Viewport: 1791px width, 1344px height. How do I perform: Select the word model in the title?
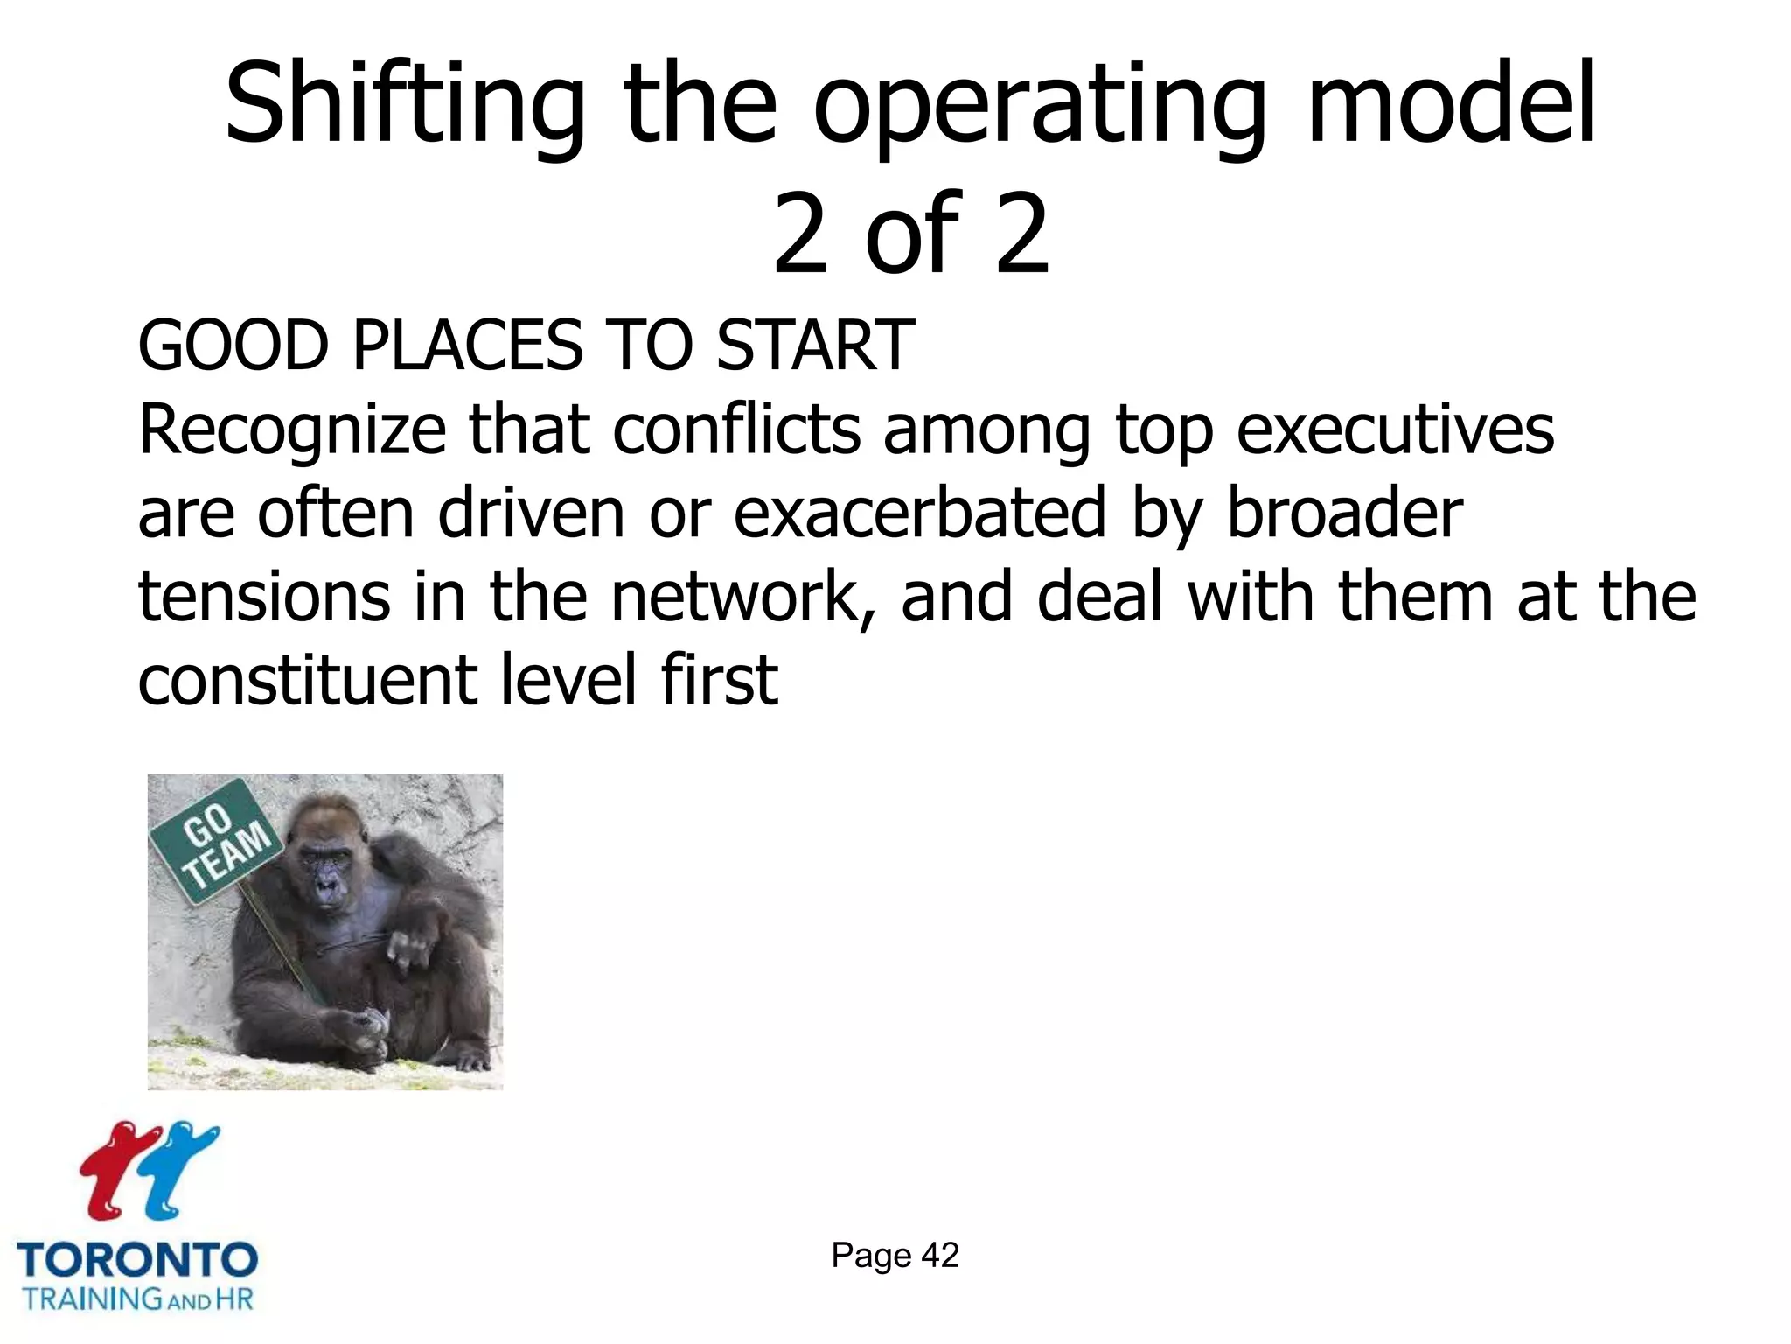[1451, 103]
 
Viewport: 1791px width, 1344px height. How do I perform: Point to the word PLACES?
[468, 346]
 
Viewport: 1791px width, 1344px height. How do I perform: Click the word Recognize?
[292, 430]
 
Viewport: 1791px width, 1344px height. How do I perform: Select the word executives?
[1395, 430]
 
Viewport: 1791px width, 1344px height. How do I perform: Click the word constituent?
[307, 681]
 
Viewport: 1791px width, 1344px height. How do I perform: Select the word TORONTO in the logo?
[137, 1261]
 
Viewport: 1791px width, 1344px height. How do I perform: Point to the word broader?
[1344, 514]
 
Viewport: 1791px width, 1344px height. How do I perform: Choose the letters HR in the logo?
[233, 1298]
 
